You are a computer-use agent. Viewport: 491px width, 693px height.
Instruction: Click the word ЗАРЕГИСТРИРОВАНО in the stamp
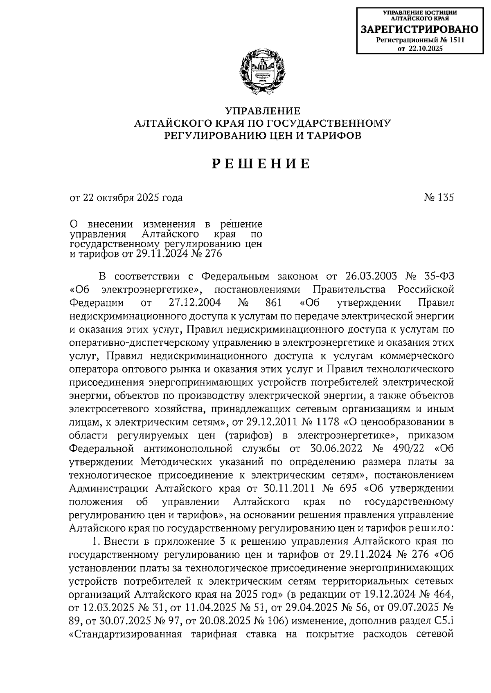(x=419, y=29)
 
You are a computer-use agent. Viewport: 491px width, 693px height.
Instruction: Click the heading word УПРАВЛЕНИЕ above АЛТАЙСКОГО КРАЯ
(x=263, y=111)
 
